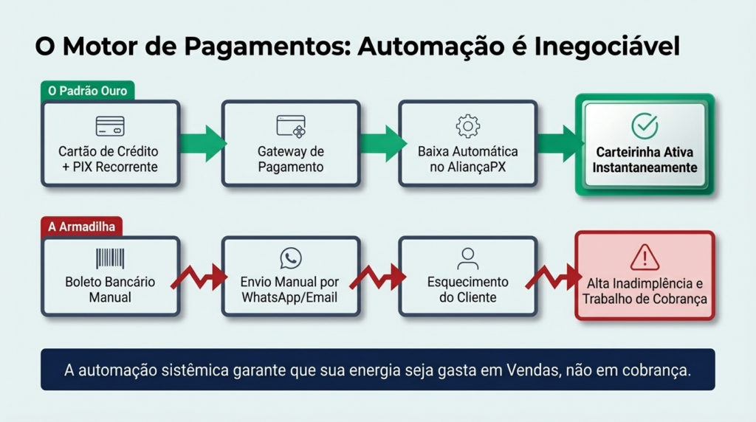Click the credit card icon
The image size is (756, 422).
(x=110, y=125)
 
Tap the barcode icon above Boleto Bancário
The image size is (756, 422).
(x=110, y=258)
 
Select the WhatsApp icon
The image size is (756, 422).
(x=291, y=258)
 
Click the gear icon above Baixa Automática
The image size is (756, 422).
(x=468, y=125)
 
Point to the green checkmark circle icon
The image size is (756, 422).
(x=645, y=126)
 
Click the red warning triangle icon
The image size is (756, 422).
(x=645, y=257)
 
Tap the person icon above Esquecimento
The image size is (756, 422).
(x=468, y=258)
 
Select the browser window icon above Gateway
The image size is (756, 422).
(x=291, y=125)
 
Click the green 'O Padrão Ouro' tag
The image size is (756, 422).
(x=87, y=91)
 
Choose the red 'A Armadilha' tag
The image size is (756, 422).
(x=81, y=226)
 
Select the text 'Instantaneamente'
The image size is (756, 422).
(x=645, y=167)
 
